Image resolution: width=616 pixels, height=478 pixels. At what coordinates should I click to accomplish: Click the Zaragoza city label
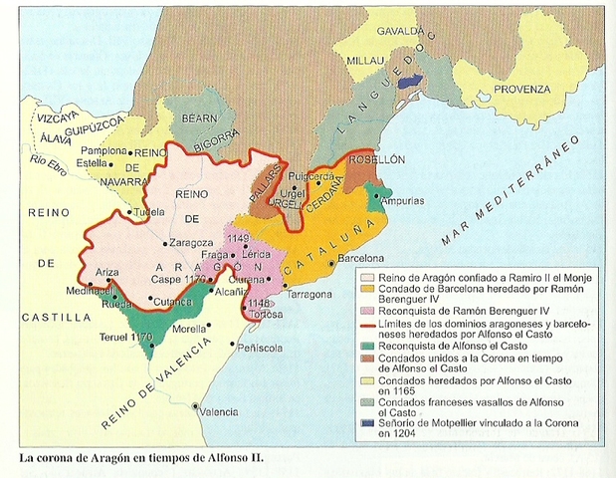192,242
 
